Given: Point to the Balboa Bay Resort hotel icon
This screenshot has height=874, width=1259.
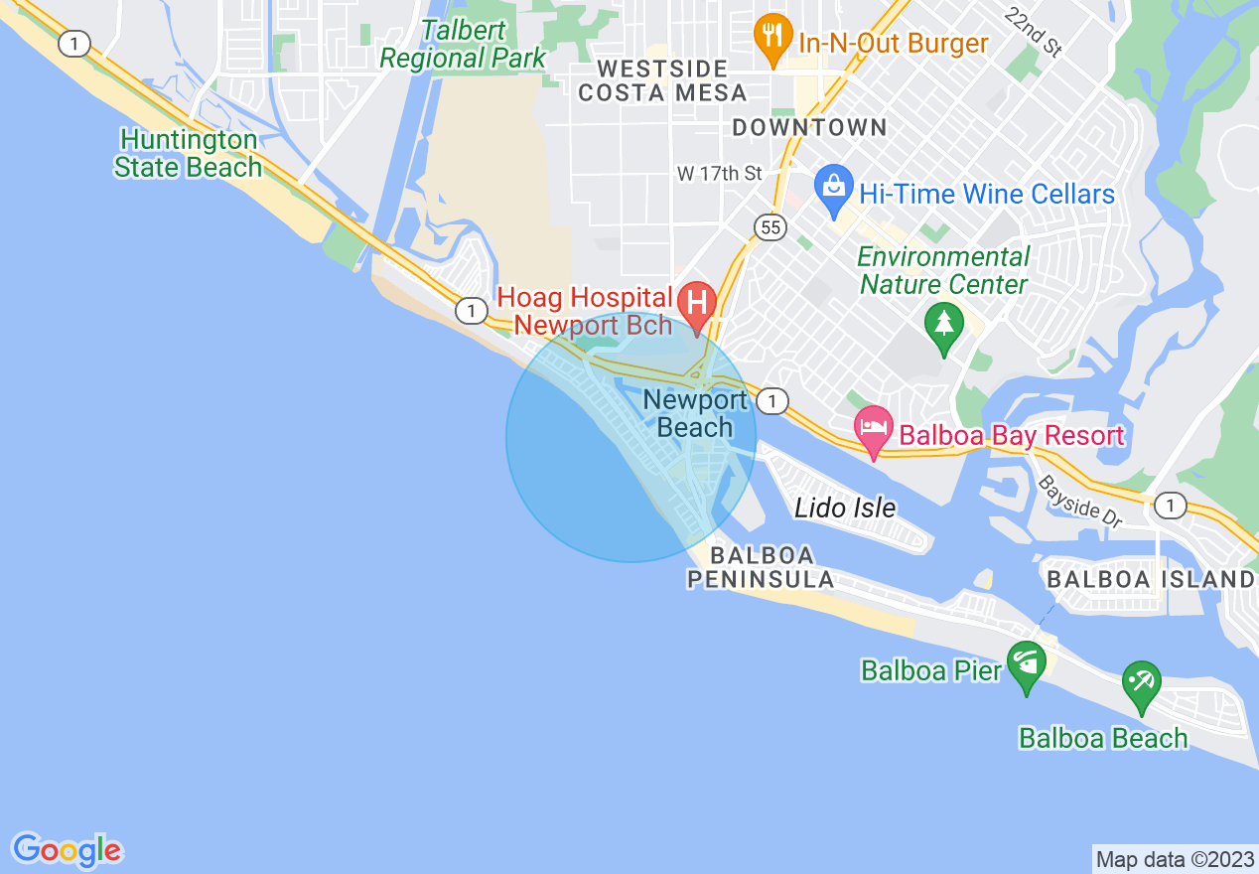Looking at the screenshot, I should point(874,431).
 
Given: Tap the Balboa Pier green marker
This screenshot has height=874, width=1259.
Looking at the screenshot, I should point(1026,663).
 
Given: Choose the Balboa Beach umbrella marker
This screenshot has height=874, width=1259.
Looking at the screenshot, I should point(1141,683).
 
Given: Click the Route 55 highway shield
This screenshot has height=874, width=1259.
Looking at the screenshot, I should point(770,227).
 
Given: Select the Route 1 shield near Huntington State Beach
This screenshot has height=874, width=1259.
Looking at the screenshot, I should point(73,43).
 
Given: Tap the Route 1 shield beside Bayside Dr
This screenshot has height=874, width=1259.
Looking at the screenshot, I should point(1172,506).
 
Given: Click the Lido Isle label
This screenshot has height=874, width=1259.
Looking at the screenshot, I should point(845,509).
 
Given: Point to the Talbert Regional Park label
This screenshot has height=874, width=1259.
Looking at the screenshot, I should point(463,44).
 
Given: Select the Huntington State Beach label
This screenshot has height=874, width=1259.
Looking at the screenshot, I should point(188,153).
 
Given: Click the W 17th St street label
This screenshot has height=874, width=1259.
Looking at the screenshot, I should point(720,173).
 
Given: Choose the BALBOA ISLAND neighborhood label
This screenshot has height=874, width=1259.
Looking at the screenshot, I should point(1151,579).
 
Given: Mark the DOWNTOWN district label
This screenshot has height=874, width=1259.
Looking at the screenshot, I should point(809,127).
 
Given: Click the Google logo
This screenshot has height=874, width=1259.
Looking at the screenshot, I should point(67,850).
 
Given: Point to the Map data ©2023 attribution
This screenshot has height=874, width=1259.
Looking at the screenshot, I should point(1173,859).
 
